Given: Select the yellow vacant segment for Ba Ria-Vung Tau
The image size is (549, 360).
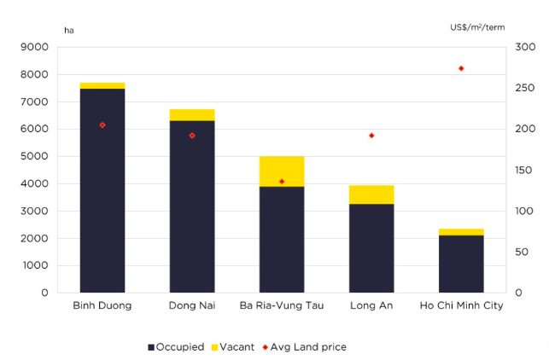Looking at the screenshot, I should pyautogui.click(x=282, y=171).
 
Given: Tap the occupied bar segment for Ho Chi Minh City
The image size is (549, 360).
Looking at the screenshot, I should pyautogui.click(x=461, y=264).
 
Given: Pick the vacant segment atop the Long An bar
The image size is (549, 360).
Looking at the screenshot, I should pyautogui.click(x=371, y=195).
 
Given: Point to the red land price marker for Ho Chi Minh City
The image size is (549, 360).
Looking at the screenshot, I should pyautogui.click(x=461, y=68).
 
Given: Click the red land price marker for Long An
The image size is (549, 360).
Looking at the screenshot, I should pyautogui.click(x=371, y=136).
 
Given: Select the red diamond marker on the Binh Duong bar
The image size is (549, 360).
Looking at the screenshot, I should pyautogui.click(x=102, y=125).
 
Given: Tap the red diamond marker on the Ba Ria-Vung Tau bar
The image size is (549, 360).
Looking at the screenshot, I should pyautogui.click(x=282, y=182).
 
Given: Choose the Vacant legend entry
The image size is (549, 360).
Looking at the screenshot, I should pyautogui.click(x=230, y=347).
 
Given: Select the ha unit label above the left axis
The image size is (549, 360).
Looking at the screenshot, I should pyautogui.click(x=69, y=31).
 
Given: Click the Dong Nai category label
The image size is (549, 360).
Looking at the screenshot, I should pyautogui.click(x=192, y=305).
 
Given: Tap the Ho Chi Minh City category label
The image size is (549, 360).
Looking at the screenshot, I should pyautogui.click(x=461, y=305).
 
